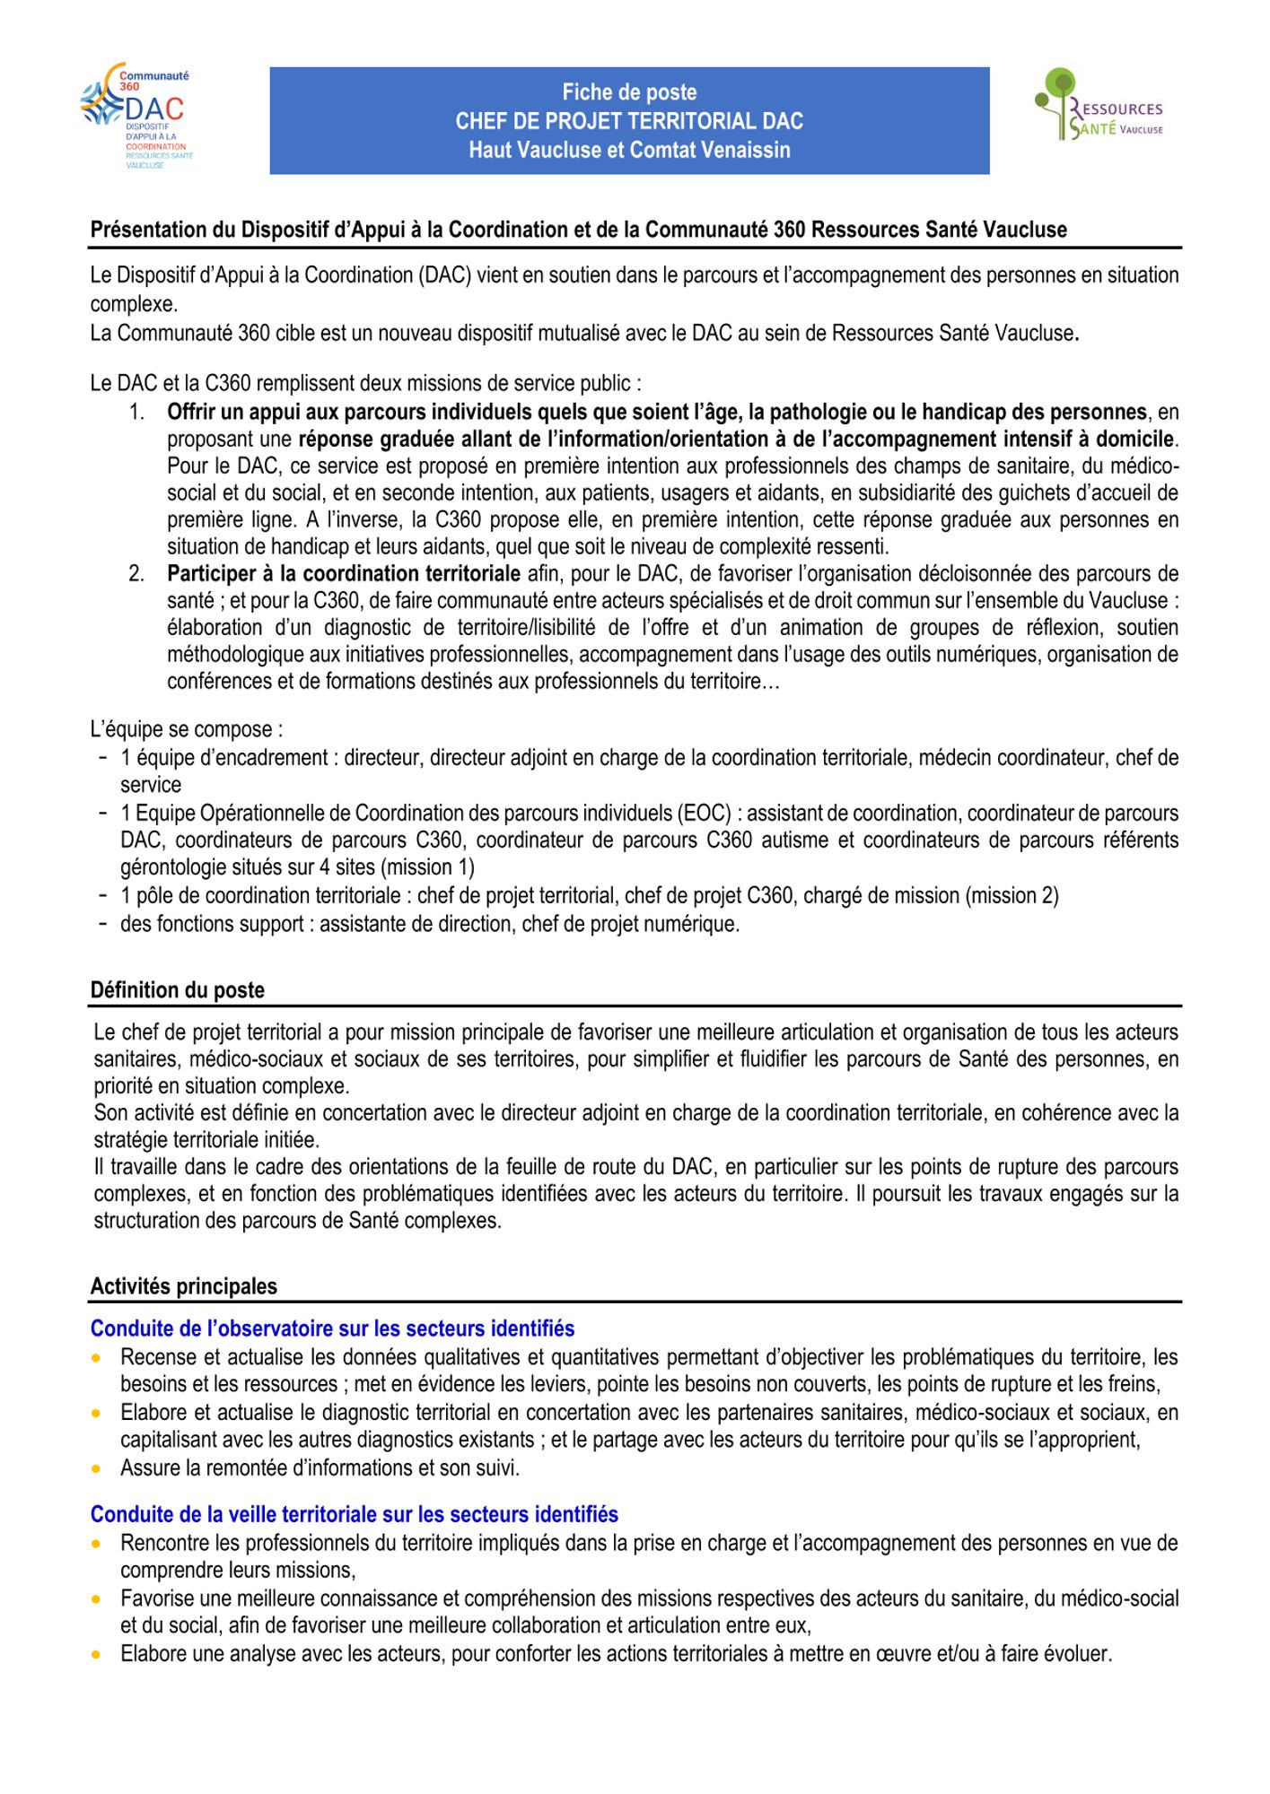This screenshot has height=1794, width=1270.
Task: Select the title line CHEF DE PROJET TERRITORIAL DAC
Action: (x=629, y=121)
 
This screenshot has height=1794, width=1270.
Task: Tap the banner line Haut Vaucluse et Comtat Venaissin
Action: (x=629, y=150)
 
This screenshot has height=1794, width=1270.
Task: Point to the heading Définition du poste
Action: (x=178, y=990)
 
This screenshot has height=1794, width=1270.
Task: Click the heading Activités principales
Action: (x=184, y=1286)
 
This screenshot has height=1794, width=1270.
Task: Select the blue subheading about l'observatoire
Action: (x=332, y=1328)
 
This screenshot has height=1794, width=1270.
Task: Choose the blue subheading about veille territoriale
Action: (x=355, y=1514)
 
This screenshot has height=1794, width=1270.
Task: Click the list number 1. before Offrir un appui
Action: (x=137, y=413)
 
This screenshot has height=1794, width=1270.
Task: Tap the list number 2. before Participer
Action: (x=137, y=574)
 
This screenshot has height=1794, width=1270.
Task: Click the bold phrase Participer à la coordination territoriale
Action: (x=344, y=574)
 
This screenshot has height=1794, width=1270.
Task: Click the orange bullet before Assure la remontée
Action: (x=96, y=1468)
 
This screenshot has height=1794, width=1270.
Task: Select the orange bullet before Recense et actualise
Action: (x=96, y=1358)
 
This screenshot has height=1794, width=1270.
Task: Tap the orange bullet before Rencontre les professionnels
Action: (x=96, y=1544)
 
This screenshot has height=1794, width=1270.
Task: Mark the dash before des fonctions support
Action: (x=104, y=923)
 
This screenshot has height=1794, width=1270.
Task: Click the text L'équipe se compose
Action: (x=186, y=729)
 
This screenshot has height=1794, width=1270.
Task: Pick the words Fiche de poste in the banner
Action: (x=629, y=92)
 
